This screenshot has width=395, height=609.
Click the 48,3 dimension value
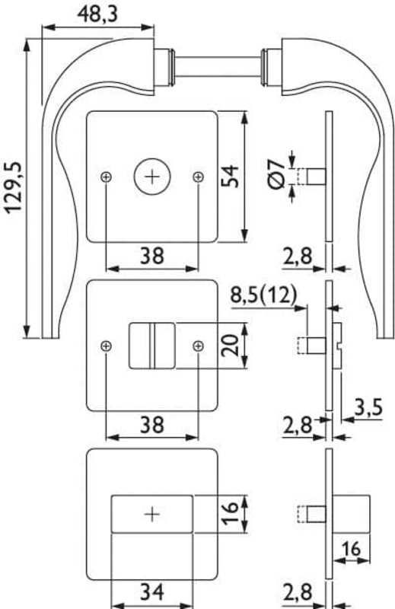pos(97,14)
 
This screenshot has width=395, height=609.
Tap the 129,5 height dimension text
pos(14,187)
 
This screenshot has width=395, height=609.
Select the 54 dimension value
pos(231,176)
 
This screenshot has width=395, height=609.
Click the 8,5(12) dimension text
pos(263,295)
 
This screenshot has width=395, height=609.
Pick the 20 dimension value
pos(231,346)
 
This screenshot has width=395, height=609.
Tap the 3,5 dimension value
pos(368,407)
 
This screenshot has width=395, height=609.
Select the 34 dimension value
pos(152,592)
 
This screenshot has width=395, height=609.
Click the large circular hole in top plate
pos(152,177)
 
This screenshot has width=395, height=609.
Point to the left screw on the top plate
pos(106,177)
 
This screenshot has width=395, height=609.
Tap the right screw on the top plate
pos(199,177)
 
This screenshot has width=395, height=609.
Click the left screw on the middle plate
pos(106,346)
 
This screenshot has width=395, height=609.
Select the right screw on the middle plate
pos(199,346)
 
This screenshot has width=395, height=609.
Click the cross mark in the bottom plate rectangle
pos(152,515)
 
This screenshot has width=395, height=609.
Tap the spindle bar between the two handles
pos(218,66)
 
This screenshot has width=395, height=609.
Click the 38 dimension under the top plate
pos(152,256)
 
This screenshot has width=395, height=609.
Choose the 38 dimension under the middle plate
pos(152,425)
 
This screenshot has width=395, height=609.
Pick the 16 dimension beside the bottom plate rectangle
pos(231,512)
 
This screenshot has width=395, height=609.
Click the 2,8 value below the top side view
pos(297,256)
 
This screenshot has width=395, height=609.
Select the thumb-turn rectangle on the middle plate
pos(152,346)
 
